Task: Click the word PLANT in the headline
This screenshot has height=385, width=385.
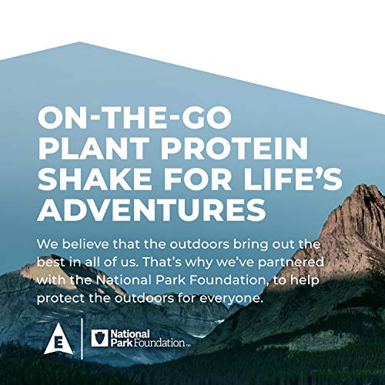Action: [94, 148]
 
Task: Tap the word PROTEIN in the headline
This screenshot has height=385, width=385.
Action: [234, 148]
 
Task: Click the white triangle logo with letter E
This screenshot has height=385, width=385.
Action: [59, 340]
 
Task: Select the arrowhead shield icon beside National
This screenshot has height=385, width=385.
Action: [99, 338]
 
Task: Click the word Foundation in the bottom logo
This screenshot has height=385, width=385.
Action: [162, 343]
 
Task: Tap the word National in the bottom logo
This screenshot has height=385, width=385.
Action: [130, 334]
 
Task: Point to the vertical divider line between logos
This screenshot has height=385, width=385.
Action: [82, 339]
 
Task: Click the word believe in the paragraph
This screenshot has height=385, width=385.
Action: [85, 244]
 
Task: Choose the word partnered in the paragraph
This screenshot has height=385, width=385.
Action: [290, 263]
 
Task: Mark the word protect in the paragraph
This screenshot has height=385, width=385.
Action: [61, 299]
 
